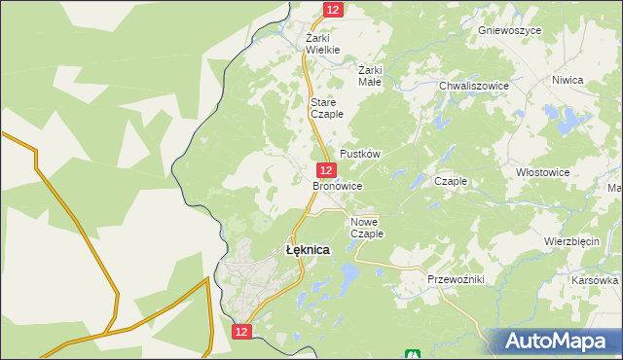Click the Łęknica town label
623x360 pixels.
point(308,250)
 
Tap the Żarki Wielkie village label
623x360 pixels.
point(322,44)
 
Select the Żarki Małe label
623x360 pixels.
point(370,76)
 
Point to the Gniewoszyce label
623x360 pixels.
point(509,30)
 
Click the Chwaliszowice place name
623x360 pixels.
point(474,86)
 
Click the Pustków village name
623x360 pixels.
point(359,155)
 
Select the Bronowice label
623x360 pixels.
point(338,185)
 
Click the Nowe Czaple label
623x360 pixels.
point(367,227)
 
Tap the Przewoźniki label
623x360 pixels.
point(456,279)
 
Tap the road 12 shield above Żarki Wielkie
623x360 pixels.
point(333,9)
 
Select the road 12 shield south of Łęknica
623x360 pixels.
point(243,332)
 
